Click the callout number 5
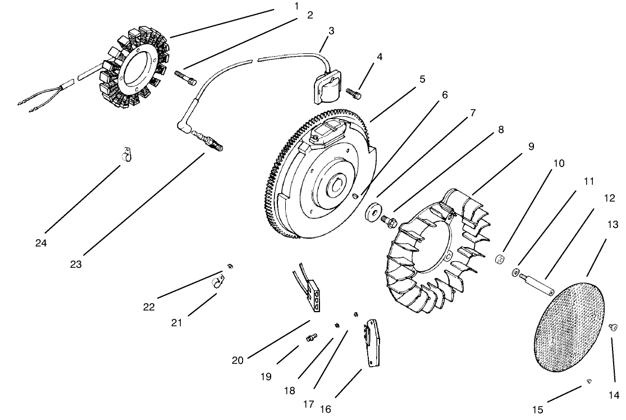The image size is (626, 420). tap(422, 79)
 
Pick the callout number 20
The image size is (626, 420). tap(237, 360)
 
